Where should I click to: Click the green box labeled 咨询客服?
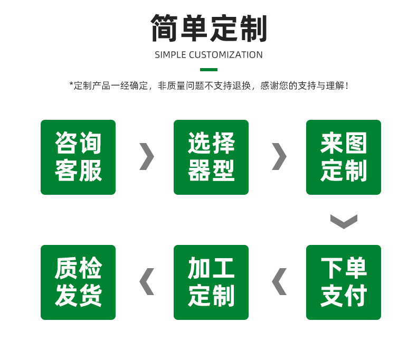(78, 157)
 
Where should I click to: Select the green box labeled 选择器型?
(211, 157)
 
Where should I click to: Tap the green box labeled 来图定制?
(344, 157)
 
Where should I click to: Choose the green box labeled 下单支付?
(344, 282)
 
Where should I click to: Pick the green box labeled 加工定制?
(211, 282)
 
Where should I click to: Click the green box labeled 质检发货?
(78, 282)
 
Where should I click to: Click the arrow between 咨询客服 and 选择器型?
(147, 156)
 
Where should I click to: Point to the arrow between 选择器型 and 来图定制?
(279, 156)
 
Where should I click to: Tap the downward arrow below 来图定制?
(344, 221)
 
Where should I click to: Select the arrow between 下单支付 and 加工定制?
(279, 281)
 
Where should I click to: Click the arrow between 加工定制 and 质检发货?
(147, 281)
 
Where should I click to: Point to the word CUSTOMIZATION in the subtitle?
(225, 55)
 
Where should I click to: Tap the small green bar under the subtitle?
(209, 70)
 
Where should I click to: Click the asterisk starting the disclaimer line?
(71, 85)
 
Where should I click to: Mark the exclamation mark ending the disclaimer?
(346, 86)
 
